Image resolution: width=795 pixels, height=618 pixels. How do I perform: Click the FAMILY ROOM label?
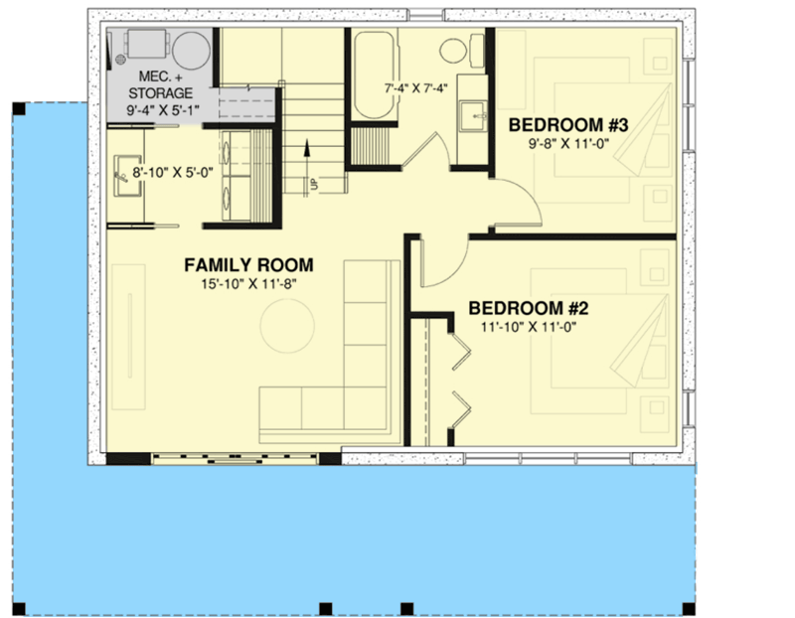[248, 265]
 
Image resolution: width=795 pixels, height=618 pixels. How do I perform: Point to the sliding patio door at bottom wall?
[236, 458]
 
